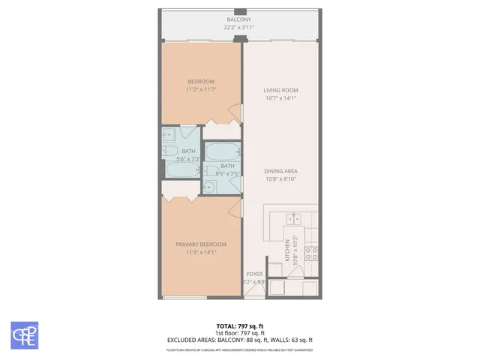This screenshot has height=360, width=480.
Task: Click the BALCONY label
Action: click(239, 19)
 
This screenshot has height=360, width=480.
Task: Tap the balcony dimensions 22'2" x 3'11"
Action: click(239, 28)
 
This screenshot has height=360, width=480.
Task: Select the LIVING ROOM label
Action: click(280, 90)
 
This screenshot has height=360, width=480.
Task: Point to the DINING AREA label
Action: click(280, 172)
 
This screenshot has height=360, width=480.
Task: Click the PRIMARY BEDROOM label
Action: click(200, 244)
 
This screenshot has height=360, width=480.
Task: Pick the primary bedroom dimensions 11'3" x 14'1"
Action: click(200, 253)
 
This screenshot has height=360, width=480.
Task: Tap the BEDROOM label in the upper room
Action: click(200, 82)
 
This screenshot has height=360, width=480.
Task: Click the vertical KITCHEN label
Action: click(286, 250)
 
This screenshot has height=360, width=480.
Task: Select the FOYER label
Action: click(255, 274)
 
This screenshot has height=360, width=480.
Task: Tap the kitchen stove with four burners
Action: click(311, 253)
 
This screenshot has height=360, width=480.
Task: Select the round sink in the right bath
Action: click(209, 187)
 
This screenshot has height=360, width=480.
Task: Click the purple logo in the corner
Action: click(24, 334)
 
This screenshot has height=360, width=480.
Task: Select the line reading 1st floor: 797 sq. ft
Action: click(239, 333)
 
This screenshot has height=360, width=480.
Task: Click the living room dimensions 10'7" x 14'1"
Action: click(280, 98)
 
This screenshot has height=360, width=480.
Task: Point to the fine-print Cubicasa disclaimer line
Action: click(239, 349)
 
